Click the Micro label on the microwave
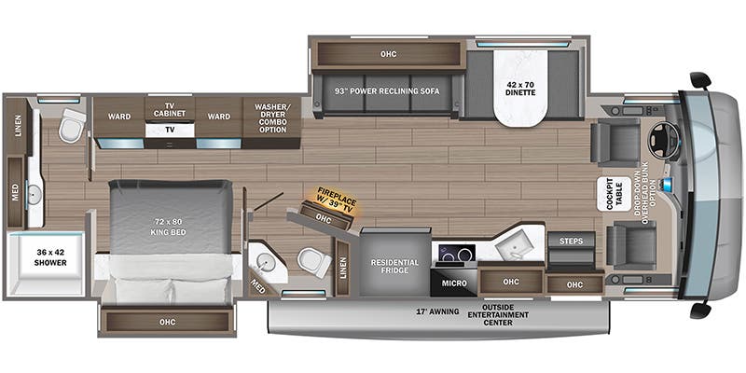454,281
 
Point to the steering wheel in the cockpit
663,140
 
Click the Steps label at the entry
571,242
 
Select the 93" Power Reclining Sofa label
386,90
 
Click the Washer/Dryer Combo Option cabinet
271,118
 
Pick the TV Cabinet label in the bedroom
169,112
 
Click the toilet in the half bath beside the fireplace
313,261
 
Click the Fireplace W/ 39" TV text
332,199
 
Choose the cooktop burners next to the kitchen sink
454,254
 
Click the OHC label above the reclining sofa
388,53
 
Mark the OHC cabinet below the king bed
167,323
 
